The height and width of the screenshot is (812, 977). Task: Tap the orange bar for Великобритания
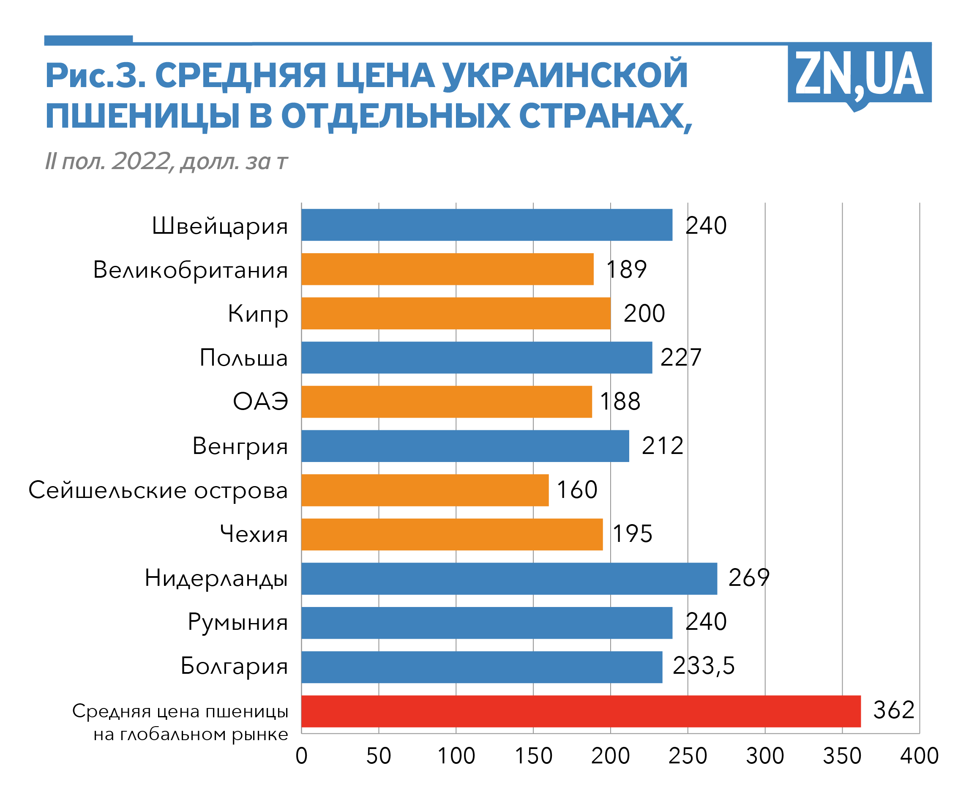tap(447, 269)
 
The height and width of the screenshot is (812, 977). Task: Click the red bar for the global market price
tap(581, 711)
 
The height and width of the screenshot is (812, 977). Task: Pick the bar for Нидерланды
tap(508, 578)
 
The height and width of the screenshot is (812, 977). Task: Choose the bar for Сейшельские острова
tap(425, 490)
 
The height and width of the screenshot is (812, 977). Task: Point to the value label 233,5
tap(704, 666)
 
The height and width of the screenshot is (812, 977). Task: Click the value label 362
tap(894, 710)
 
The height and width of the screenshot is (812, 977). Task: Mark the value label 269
tap(748, 577)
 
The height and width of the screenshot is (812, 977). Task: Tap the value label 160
tap(577, 489)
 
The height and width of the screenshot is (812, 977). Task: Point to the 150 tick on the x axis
tap(533, 756)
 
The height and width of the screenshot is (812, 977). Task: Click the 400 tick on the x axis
tap(919, 756)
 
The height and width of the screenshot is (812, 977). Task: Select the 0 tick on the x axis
tap(301, 756)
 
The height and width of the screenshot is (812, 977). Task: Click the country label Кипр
tap(258, 314)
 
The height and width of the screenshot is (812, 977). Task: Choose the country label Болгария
tap(234, 666)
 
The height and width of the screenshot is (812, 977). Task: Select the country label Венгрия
tap(240, 446)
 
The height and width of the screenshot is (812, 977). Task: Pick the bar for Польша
tap(476, 357)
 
